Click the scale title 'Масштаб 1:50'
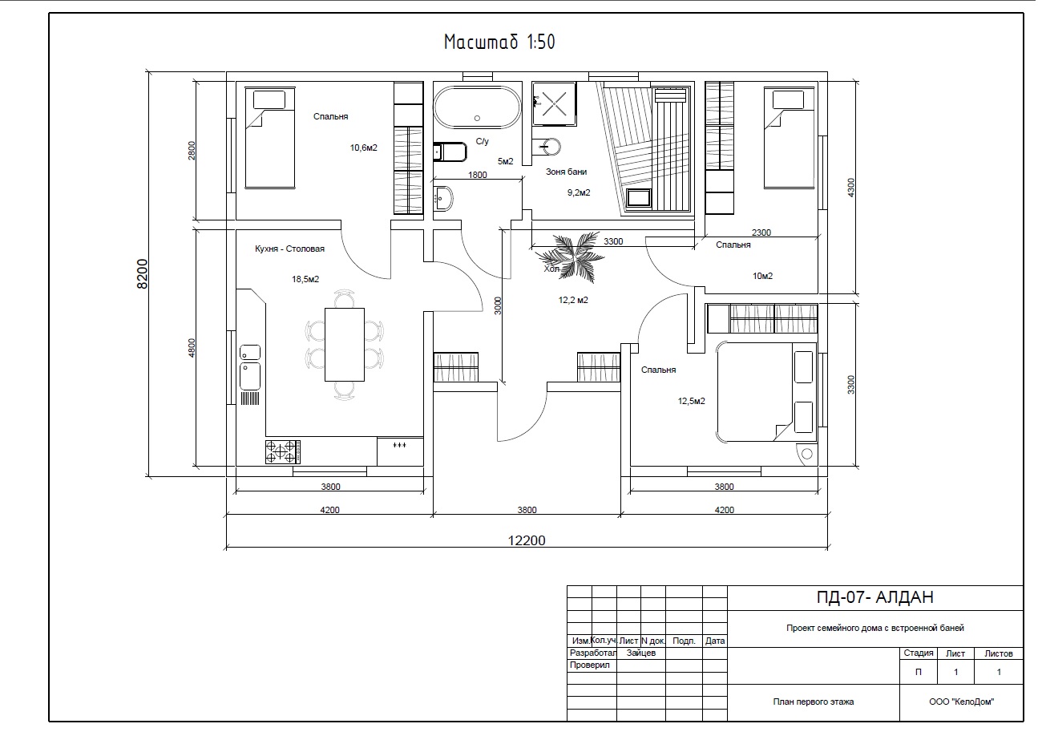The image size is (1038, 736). pyautogui.click(x=499, y=42)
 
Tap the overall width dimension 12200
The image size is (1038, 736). pyautogui.click(x=527, y=540)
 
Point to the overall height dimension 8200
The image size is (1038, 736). pyautogui.click(x=142, y=274)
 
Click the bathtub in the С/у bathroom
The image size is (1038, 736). pyautogui.click(x=477, y=107)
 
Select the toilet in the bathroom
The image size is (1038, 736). pyautogui.click(x=450, y=152)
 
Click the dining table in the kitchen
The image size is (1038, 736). pyautogui.click(x=345, y=345)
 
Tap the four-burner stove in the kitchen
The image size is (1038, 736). pyautogui.click(x=283, y=452)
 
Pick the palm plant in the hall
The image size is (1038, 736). pyautogui.click(x=571, y=257)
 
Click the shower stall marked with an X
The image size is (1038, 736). pyautogui.click(x=554, y=103)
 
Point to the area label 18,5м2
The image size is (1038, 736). pyautogui.click(x=305, y=279)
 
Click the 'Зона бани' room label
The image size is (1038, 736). pyautogui.click(x=566, y=172)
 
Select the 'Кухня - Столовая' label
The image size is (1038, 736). pyautogui.click(x=289, y=249)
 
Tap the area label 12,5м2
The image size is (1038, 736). pyautogui.click(x=692, y=401)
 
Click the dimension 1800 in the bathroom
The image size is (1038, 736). pyautogui.click(x=477, y=175)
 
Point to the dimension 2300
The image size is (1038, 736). pyautogui.click(x=761, y=233)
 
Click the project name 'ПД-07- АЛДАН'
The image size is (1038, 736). pyautogui.click(x=875, y=597)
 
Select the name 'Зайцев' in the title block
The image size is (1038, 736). pyautogui.click(x=641, y=653)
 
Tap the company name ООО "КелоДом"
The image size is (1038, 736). pyautogui.click(x=962, y=702)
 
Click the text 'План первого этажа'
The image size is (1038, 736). pyautogui.click(x=814, y=702)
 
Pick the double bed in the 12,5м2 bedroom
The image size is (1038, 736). pyautogui.click(x=766, y=392)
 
